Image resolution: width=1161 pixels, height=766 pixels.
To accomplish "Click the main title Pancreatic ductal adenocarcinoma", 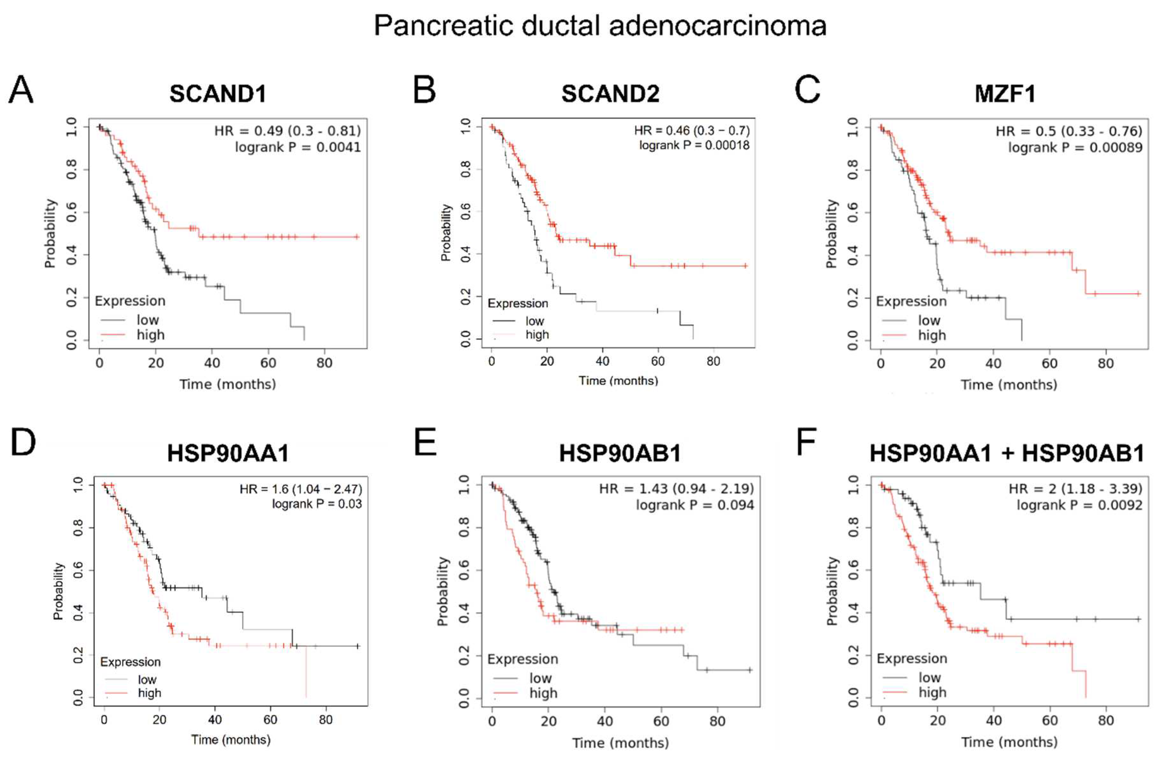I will [600, 26].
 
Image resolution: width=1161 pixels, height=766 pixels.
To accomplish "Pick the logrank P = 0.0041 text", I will [298, 147].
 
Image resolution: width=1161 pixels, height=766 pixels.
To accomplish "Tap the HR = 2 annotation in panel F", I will [1076, 489].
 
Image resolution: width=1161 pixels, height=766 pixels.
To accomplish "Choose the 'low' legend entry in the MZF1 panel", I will [929, 320].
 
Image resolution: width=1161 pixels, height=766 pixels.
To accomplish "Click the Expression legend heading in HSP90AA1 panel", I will [130, 662].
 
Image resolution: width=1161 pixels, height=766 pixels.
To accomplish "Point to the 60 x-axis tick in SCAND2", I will [658, 362].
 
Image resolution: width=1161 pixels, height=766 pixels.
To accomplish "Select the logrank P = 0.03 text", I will [317, 504].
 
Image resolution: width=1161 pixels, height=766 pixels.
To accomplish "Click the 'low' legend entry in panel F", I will [929, 678].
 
